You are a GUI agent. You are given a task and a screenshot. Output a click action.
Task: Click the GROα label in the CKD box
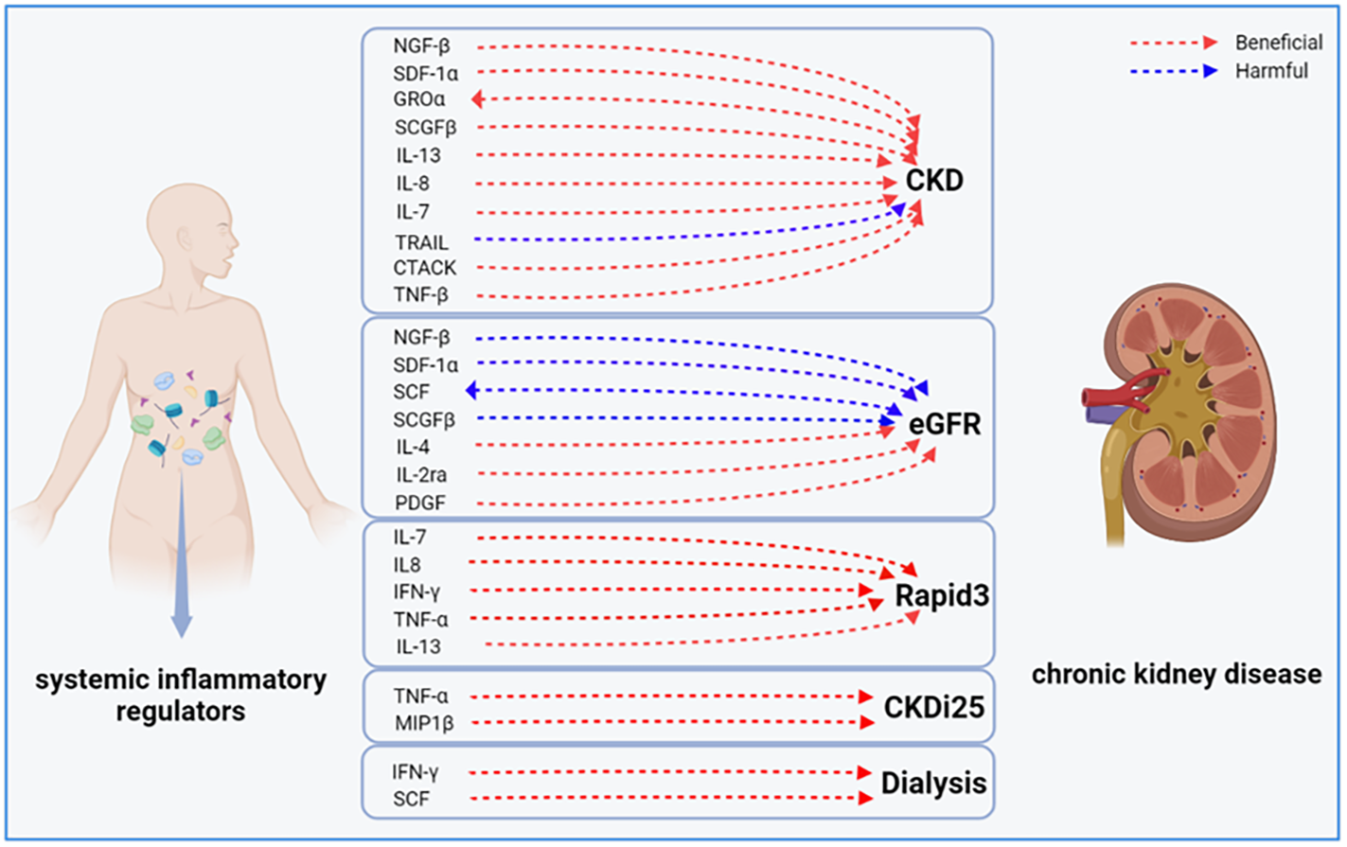pyautogui.click(x=419, y=99)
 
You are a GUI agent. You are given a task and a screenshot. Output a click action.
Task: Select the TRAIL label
pyautogui.click(x=422, y=242)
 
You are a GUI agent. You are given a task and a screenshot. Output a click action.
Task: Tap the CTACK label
pyautogui.click(x=425, y=268)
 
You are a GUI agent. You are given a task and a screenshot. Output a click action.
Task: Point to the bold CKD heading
pyautogui.click(x=934, y=180)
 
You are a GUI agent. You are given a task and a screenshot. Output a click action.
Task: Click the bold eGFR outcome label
pyautogui.click(x=944, y=424)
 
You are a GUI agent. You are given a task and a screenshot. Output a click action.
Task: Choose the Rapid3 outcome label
pyautogui.click(x=941, y=596)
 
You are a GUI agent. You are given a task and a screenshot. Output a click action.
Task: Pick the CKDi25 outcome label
pyautogui.click(x=933, y=707)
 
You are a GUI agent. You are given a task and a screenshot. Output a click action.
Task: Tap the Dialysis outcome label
pyautogui.click(x=933, y=784)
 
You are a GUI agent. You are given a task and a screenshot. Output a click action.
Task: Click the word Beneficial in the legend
pyautogui.click(x=1278, y=43)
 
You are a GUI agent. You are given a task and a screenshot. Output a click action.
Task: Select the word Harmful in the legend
pyautogui.click(x=1271, y=71)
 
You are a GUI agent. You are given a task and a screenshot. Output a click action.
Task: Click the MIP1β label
pyautogui.click(x=423, y=724)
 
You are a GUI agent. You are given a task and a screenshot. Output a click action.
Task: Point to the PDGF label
pyautogui.click(x=419, y=503)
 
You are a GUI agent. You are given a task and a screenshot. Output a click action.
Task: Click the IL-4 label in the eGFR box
pyautogui.click(x=413, y=447)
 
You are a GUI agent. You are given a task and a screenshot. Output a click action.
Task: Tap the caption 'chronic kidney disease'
pyautogui.click(x=1176, y=674)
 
